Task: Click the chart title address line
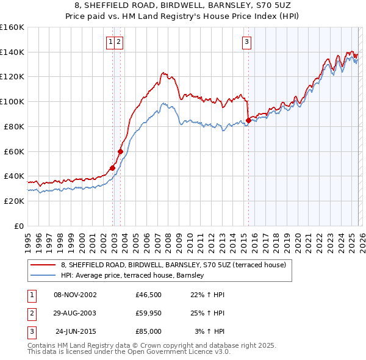click(182, 5)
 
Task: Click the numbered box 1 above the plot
click(110, 42)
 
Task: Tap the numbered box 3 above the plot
click(246, 42)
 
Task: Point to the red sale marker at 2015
click(248, 120)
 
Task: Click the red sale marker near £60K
click(121, 151)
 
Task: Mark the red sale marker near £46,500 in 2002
click(112, 168)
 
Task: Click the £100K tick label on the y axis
click(12, 101)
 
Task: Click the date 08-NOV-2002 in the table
click(75, 295)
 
